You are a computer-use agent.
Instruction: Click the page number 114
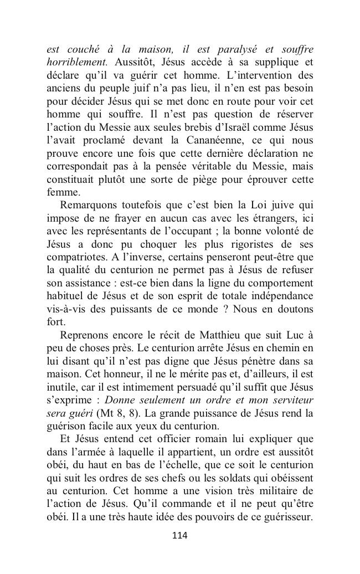[180, 535]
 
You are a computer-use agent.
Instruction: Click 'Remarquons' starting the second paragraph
[88, 206]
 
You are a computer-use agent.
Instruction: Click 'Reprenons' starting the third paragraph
[85, 335]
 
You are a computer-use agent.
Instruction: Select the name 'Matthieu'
[217, 335]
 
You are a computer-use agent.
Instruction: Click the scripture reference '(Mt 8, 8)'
[116, 413]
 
